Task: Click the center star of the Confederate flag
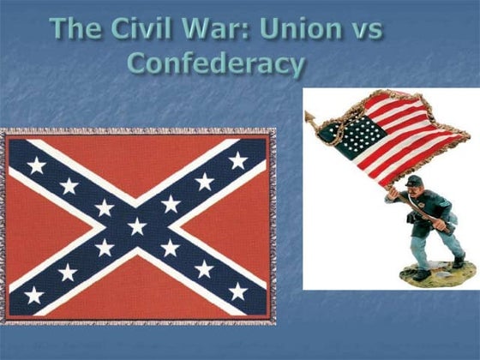click(x=137, y=226)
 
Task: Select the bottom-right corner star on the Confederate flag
click(x=238, y=292)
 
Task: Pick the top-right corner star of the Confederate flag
click(x=238, y=160)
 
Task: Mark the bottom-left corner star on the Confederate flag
click(x=35, y=294)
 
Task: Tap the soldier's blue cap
click(x=415, y=181)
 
